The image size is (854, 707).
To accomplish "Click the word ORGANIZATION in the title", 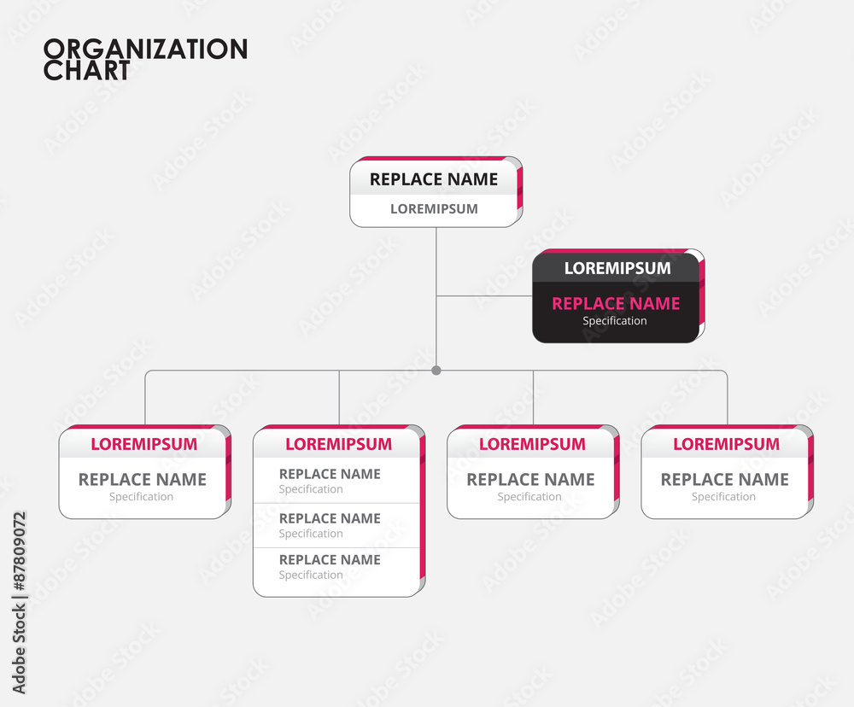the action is click(145, 49).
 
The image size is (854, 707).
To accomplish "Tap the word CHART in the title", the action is click(86, 71).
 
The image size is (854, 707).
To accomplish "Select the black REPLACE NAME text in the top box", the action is click(433, 179).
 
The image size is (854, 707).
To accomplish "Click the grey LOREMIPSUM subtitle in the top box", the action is click(434, 208).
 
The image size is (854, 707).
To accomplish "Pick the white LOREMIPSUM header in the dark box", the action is click(617, 268).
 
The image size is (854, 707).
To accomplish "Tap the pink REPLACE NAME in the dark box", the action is click(616, 303).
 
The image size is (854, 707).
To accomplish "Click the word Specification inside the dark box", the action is click(615, 321).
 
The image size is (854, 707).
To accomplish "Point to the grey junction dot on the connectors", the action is click(436, 371).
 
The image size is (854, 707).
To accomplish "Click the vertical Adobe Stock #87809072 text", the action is click(19, 602).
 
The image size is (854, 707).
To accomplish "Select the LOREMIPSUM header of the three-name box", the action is click(338, 444).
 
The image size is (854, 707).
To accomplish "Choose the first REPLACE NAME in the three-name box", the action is click(330, 474).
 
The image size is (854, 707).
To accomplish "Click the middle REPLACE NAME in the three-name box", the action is click(330, 518).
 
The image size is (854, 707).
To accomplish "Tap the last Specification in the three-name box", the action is click(311, 576).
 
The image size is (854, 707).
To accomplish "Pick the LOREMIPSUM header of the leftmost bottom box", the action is click(143, 444).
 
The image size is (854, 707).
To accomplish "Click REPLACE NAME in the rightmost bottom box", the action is click(724, 480).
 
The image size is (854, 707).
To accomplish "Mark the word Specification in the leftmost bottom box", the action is click(141, 497).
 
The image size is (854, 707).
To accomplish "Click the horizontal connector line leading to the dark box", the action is click(483, 296).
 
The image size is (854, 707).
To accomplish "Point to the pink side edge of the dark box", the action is click(701, 299).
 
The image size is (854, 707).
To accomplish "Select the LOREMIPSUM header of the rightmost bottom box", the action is click(726, 444).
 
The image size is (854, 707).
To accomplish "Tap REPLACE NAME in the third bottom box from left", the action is click(530, 480).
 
